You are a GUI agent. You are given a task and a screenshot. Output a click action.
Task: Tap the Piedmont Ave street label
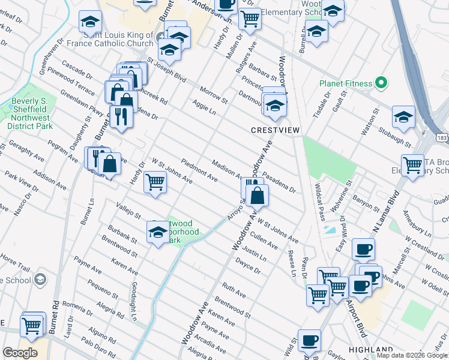pyautogui.click(x=199, y=169)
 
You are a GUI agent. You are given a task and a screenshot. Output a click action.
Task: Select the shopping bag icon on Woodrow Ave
pyautogui.click(x=258, y=194)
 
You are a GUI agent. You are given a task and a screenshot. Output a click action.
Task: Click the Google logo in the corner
pyautogui.click(x=20, y=353)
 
